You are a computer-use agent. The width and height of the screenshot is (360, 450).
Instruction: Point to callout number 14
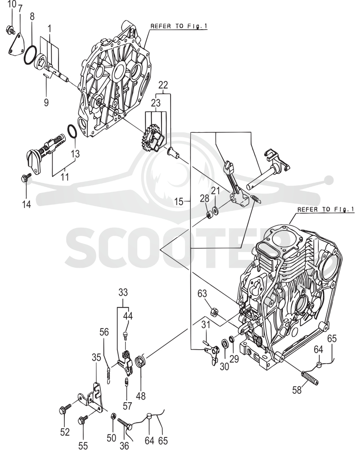26,204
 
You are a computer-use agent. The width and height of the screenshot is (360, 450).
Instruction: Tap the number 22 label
163,85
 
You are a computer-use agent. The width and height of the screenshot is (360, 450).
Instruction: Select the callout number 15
179,202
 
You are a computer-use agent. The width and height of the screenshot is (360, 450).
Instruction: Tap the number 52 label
65,432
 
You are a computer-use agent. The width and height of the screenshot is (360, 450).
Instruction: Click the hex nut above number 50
113,415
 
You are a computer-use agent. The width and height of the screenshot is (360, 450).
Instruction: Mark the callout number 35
96,358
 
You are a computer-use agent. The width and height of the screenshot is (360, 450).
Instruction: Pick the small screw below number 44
126,335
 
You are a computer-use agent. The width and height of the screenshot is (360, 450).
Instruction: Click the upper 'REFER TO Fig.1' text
179,26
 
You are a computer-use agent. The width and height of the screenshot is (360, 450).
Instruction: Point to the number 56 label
104,332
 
